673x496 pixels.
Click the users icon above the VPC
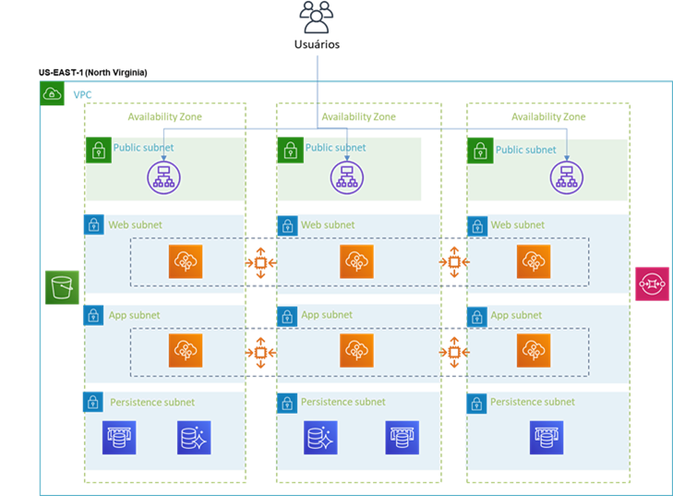tap(317, 18)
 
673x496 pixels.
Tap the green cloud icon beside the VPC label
tap(53, 93)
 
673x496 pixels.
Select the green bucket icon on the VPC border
tap(63, 287)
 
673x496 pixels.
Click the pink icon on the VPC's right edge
tap(652, 284)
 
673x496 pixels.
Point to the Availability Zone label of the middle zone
tap(358, 117)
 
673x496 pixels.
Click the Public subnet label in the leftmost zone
tap(143, 148)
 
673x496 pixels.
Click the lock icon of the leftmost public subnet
tap(98, 150)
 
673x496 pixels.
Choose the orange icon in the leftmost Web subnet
tap(185, 261)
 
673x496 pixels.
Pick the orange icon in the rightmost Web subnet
tap(533, 261)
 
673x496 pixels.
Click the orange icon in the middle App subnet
tap(355, 350)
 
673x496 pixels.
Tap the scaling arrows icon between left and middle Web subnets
tap(260, 262)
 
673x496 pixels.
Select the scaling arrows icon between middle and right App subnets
tap(453, 351)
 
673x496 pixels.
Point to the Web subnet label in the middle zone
tap(328, 224)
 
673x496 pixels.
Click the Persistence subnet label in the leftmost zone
tap(152, 403)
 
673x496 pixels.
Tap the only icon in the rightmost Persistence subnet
tap(546, 437)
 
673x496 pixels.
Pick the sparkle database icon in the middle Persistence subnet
tap(320, 437)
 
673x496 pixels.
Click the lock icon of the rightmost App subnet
tap(477, 316)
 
